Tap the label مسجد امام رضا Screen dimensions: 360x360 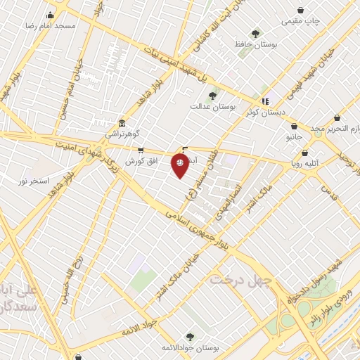[x=50, y=25]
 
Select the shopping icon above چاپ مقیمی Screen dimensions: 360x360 [x=301, y=10]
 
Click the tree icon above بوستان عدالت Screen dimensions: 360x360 [x=212, y=95]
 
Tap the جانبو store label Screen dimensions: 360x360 [x=295, y=139]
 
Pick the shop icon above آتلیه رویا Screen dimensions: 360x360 [x=305, y=153]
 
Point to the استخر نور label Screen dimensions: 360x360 [x=34, y=181]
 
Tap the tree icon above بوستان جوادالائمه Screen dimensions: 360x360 [x=190, y=337]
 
